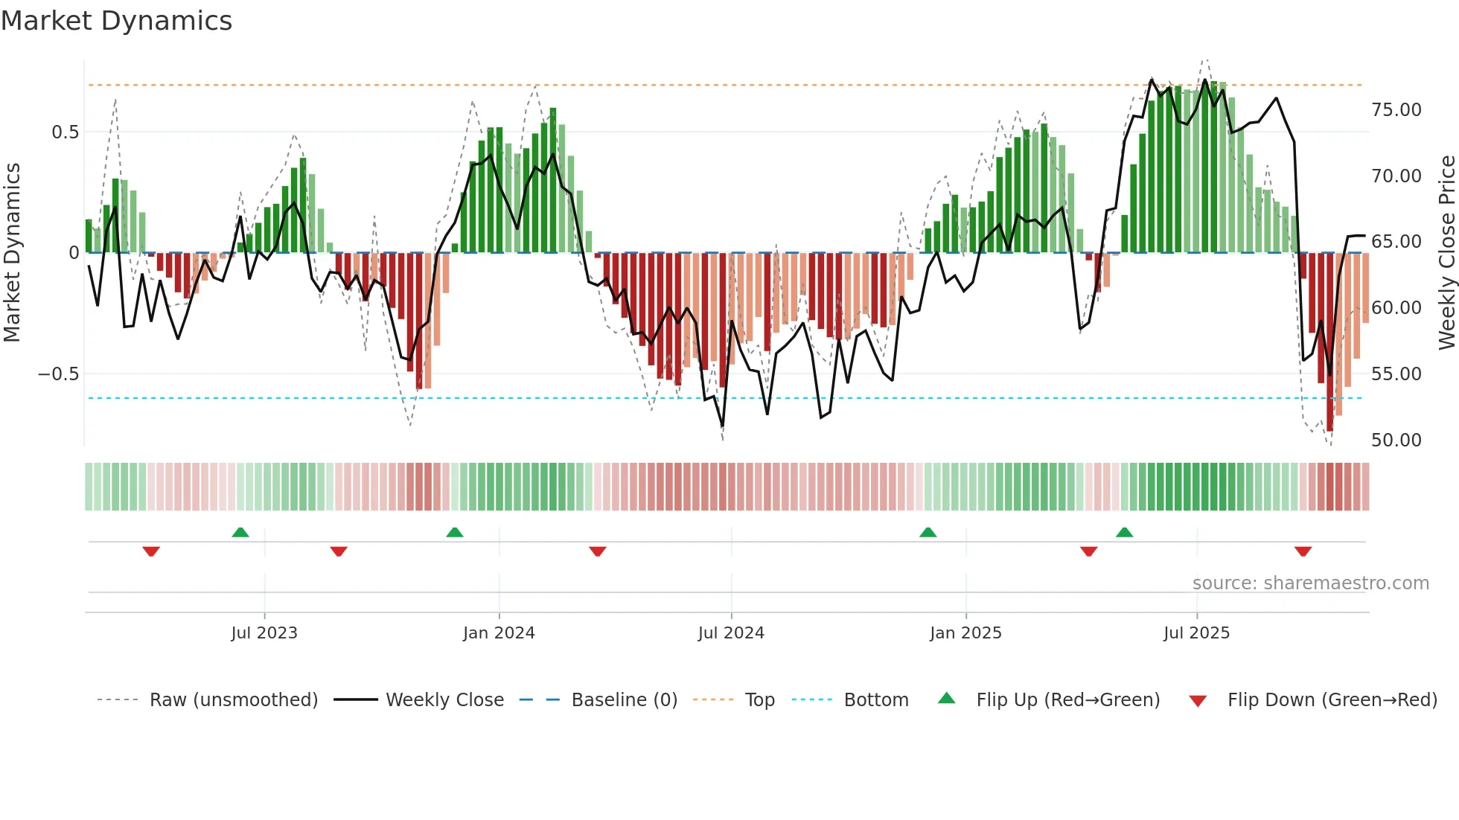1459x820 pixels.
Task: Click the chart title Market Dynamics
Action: coord(116,21)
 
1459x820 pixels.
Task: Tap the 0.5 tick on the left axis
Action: coord(65,132)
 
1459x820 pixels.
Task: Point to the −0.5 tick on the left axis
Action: coord(59,374)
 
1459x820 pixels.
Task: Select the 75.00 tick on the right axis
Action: coord(1396,110)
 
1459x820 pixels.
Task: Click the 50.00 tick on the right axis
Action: coord(1396,440)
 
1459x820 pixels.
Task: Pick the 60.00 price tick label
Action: coord(1396,308)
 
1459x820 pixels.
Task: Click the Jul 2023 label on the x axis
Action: coord(264,633)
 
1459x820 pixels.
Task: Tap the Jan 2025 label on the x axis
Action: coord(965,633)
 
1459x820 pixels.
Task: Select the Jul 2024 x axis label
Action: coord(731,633)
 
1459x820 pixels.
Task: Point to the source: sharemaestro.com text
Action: coord(1310,583)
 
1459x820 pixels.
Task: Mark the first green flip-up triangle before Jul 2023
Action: coord(240,533)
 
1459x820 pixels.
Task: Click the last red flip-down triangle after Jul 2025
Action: coord(1303,551)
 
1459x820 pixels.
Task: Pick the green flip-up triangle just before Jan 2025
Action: coord(928,533)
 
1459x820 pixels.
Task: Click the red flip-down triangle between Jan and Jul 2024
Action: coord(598,551)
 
